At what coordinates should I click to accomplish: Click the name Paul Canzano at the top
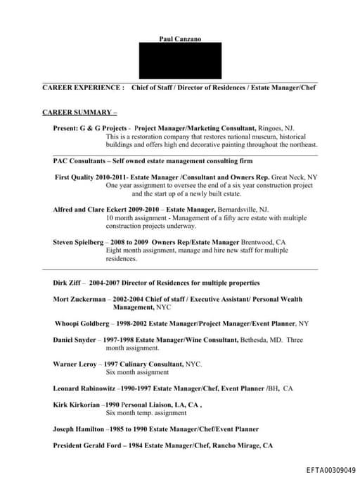[180, 39]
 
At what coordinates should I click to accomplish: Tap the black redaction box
[180, 61]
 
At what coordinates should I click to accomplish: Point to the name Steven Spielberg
[77, 242]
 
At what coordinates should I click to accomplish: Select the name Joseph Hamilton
[79, 428]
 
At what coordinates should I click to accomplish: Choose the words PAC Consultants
[79, 160]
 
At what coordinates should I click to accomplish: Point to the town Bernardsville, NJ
[243, 210]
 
